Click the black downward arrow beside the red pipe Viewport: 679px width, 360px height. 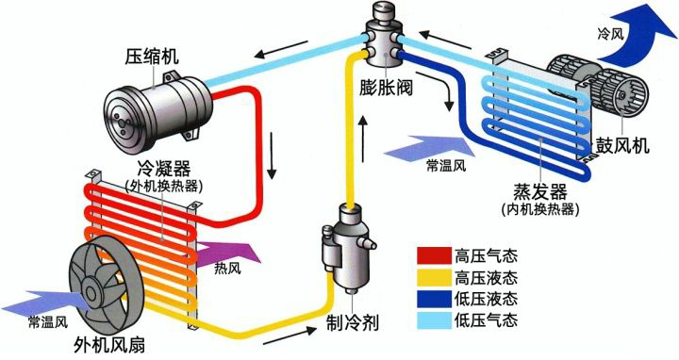click(273, 157)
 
